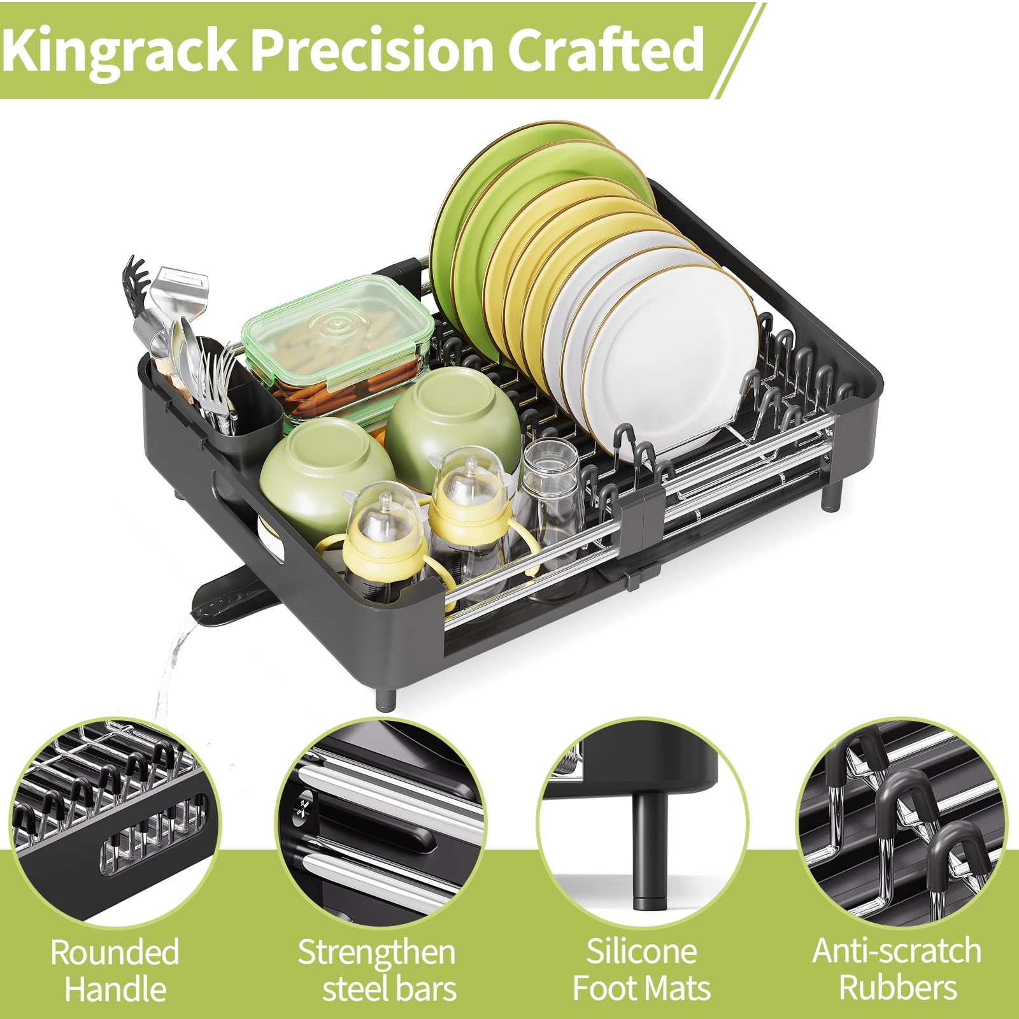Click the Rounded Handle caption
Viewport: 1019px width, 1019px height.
[x=115, y=971]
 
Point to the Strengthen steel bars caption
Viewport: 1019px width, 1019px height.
[x=377, y=971]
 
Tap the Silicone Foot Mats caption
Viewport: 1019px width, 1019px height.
[x=641, y=970]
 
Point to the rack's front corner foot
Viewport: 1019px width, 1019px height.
[x=386, y=694]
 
